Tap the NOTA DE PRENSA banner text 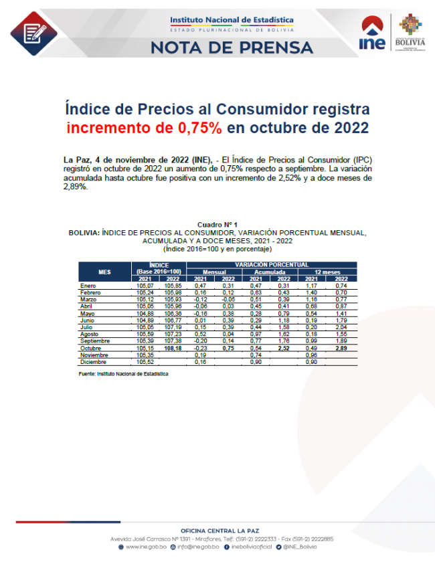232,48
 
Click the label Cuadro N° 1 217,223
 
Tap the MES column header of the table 104,272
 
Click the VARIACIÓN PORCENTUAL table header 272,266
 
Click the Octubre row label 92,349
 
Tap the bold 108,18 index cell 173,349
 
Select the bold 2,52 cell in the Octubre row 284,349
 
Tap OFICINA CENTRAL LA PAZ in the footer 217,531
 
